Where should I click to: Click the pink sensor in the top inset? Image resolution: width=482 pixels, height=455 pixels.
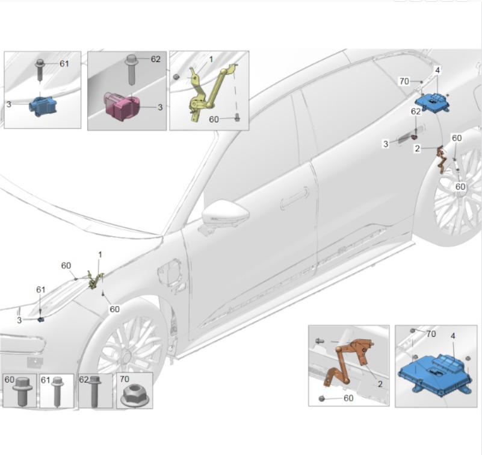pos(122,105)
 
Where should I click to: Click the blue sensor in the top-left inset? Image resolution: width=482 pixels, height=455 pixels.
pos(43,107)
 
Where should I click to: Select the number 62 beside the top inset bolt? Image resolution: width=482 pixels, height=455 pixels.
pos(155,59)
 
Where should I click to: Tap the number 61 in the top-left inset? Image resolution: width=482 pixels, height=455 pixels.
pos(64,64)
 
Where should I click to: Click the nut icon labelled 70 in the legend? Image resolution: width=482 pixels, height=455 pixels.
pos(135,396)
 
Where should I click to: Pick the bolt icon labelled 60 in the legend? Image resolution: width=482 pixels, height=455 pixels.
pos(22,392)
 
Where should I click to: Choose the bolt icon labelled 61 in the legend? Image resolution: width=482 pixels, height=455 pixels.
pos(58,392)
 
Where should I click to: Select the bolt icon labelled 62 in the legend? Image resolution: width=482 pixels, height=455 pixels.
pos(94,392)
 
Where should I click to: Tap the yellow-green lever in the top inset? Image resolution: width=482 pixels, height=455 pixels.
pos(209,92)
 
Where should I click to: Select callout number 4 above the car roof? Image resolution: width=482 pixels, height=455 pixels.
pos(437,71)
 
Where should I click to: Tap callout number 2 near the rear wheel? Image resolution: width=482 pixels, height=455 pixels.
pos(417,149)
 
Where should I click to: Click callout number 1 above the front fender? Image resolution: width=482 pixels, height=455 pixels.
pos(100,254)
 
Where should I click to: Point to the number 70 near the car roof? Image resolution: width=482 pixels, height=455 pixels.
pos(404,81)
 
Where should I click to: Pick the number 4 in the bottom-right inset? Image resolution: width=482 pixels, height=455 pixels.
pos(453,336)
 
